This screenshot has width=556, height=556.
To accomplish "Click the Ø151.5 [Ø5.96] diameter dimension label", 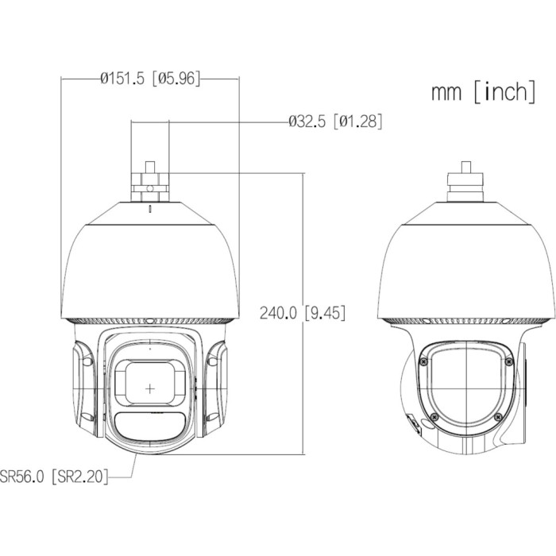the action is click(x=150, y=78).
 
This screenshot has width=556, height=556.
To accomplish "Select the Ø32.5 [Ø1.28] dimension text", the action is click(x=335, y=122).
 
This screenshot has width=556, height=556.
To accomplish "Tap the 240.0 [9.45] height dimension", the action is click(x=302, y=313).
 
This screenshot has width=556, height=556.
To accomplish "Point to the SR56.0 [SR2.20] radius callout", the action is click(x=53, y=476).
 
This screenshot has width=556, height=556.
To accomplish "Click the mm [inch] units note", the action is click(x=483, y=91).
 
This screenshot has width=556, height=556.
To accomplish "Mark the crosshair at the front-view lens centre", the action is click(x=150, y=388).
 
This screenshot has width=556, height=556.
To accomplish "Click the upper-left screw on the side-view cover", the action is click(x=423, y=361).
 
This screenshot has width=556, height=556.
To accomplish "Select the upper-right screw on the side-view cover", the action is click(x=509, y=361).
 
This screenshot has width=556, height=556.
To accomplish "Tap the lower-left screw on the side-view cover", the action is click(x=434, y=417).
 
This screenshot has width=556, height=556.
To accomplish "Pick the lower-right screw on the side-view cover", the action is click(x=498, y=417).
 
